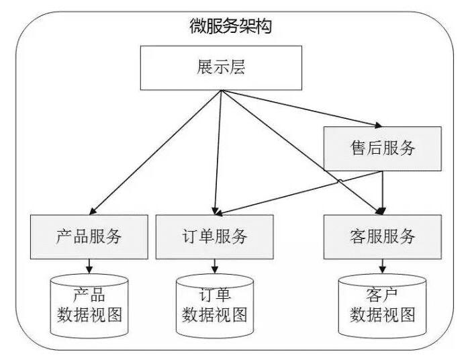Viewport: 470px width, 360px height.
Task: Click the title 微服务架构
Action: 230,27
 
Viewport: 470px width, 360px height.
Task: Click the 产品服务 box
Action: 89,236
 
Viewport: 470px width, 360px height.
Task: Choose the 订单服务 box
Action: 214,236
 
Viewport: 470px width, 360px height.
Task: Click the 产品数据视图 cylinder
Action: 89,306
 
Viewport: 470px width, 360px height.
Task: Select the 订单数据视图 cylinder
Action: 215,306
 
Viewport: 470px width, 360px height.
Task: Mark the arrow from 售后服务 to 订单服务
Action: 295,191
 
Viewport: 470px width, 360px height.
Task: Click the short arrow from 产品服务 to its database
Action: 89,267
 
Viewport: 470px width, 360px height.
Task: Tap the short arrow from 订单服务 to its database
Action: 215,267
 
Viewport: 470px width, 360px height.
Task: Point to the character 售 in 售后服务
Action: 359,148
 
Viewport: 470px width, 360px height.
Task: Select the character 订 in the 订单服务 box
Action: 190,236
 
